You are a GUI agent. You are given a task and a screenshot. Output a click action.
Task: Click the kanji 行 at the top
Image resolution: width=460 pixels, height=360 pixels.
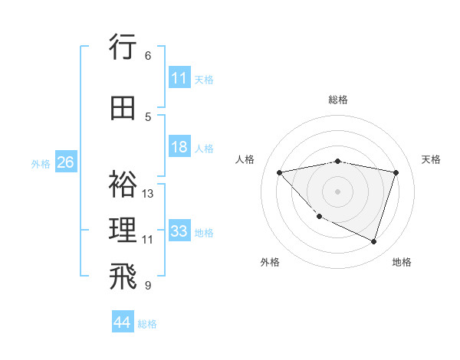point(123,47)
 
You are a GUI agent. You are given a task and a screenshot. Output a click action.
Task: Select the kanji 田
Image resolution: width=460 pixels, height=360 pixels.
point(123,109)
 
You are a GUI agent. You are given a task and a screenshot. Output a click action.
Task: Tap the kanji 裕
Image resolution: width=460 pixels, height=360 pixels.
point(123,185)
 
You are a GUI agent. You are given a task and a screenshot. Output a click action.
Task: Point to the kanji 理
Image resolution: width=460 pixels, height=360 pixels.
point(123,230)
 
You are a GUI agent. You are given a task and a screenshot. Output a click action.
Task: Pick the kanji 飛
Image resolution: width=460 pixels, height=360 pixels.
point(123,277)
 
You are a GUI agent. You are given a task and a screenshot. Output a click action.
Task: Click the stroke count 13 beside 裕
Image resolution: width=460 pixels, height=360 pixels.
point(148,194)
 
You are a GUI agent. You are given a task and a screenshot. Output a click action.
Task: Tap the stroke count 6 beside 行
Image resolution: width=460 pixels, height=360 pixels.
point(148,56)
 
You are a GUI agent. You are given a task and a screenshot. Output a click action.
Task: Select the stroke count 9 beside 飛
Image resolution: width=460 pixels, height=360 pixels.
point(148,286)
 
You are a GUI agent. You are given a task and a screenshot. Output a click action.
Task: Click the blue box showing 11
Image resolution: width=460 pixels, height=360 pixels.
point(179,78)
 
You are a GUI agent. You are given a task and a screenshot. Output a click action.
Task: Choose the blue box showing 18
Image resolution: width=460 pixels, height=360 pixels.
point(179,147)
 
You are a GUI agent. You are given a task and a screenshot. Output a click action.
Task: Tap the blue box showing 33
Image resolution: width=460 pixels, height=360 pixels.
point(179,231)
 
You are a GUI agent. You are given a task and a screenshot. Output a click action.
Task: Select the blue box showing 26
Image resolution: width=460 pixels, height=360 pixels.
point(65,162)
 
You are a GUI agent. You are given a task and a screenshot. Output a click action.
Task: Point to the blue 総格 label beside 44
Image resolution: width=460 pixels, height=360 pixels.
point(148,324)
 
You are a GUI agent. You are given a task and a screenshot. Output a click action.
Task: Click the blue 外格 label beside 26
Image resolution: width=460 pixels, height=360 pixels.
point(41,163)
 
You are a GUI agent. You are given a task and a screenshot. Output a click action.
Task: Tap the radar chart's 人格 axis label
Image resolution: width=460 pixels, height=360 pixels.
point(245,159)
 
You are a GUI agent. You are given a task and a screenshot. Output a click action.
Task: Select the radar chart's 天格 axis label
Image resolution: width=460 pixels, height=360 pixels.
point(431,159)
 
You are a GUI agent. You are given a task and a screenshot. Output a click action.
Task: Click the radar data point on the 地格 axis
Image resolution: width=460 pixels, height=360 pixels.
point(373,241)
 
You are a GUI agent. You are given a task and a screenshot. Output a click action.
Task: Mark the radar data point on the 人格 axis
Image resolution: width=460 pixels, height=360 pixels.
point(279,172)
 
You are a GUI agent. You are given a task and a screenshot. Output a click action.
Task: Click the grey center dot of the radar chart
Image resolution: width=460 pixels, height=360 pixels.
point(337,191)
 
